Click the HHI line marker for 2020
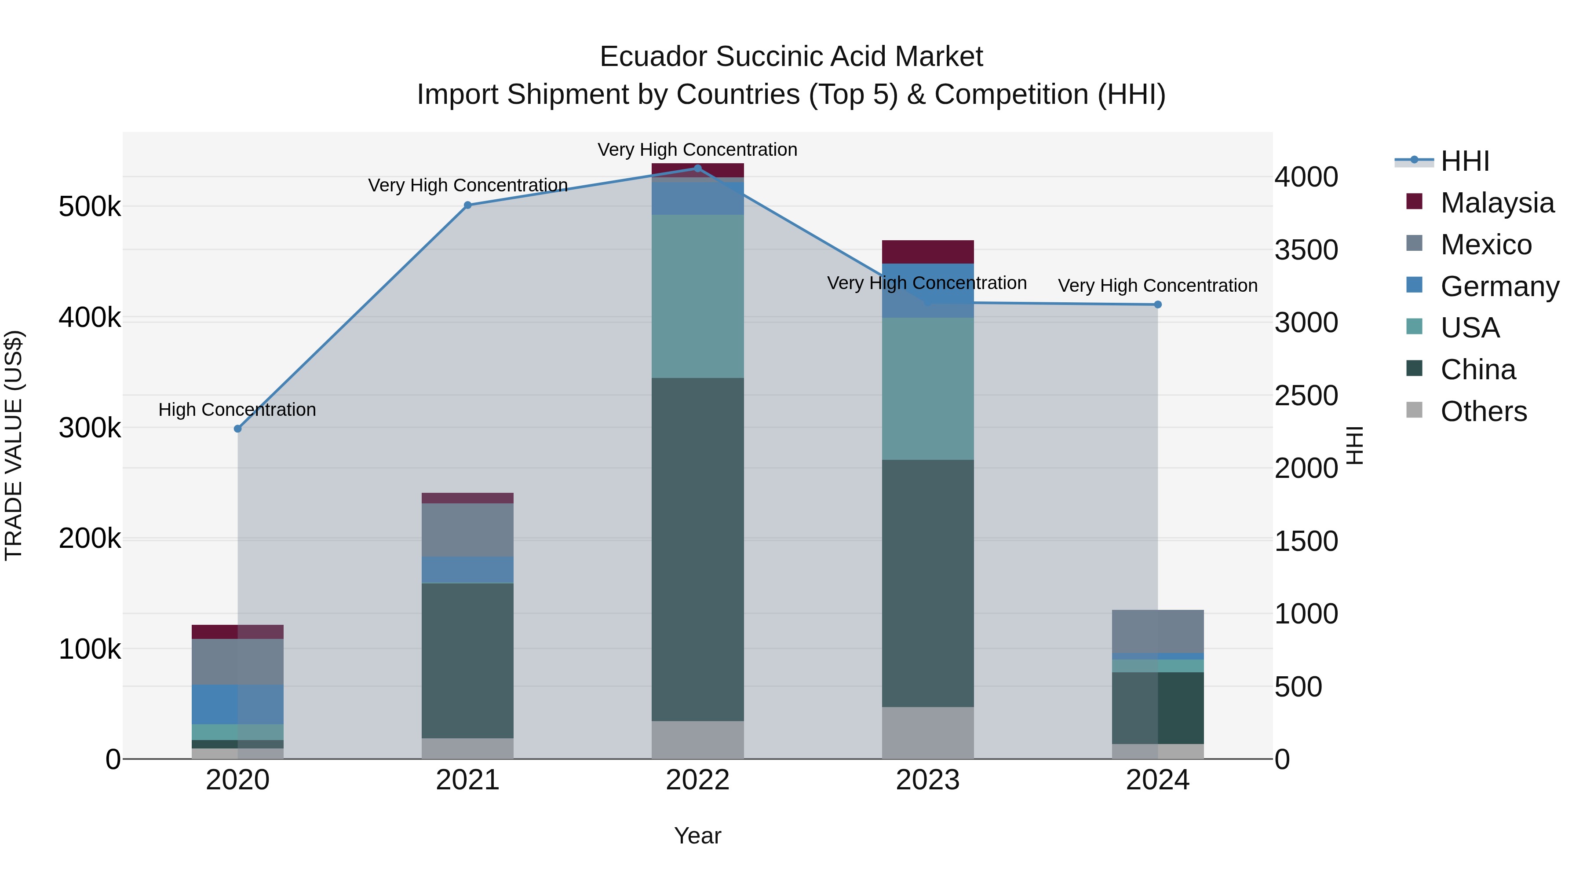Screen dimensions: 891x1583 [x=238, y=429]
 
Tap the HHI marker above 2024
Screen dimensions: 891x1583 [x=1158, y=304]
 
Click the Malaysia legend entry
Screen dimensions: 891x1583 [x=1497, y=203]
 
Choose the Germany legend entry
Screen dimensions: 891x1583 [x=1499, y=286]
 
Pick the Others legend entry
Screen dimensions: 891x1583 [x=1484, y=411]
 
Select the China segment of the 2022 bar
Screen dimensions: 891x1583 [x=697, y=549]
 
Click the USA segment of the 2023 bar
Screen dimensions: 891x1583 [x=928, y=389]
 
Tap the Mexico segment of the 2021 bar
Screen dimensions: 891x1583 [x=468, y=530]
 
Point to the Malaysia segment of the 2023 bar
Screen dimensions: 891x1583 [x=928, y=252]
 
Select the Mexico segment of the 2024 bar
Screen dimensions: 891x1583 [x=1158, y=631]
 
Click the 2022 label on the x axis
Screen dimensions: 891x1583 [x=697, y=780]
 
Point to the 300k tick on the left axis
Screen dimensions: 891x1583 [x=90, y=428]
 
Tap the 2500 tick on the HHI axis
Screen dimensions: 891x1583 [x=1306, y=396]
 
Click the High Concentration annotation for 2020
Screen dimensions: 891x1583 [x=237, y=410]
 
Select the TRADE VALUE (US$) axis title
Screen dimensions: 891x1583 [x=14, y=445]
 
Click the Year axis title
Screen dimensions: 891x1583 [x=697, y=836]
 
